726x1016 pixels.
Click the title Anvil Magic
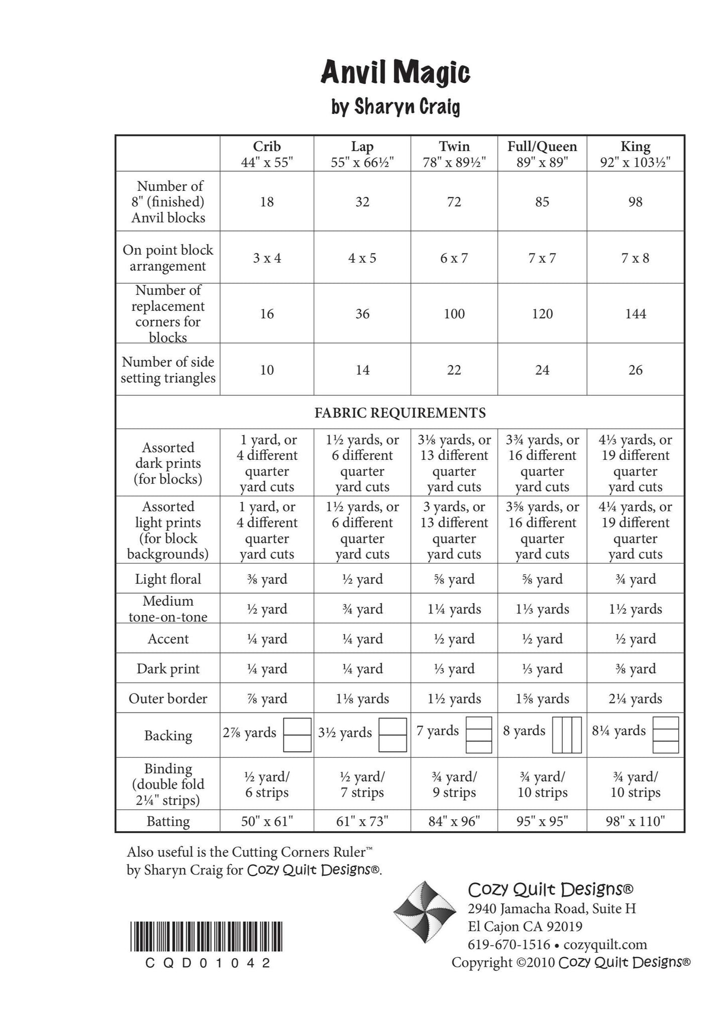[395, 73]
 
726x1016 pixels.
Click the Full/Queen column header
[542, 154]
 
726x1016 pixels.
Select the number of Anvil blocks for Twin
[454, 202]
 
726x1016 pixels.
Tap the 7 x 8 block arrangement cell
[635, 258]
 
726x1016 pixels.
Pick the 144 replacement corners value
[635, 314]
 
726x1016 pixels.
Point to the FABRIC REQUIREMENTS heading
[400, 413]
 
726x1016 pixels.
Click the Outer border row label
[168, 699]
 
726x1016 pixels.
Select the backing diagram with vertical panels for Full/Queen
[567, 735]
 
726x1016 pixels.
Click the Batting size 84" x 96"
[454, 821]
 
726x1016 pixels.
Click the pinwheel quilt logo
[424, 913]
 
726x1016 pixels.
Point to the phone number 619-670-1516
[509, 944]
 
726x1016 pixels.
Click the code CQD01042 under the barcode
[208, 963]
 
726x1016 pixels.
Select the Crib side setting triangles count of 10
[267, 370]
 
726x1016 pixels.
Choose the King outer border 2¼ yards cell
[635, 699]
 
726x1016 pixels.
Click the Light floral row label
[168, 579]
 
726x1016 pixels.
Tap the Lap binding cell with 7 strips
[362, 784]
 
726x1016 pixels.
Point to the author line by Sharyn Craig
[395, 107]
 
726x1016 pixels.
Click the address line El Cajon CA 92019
[525, 926]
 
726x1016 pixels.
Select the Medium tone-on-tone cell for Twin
[454, 609]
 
